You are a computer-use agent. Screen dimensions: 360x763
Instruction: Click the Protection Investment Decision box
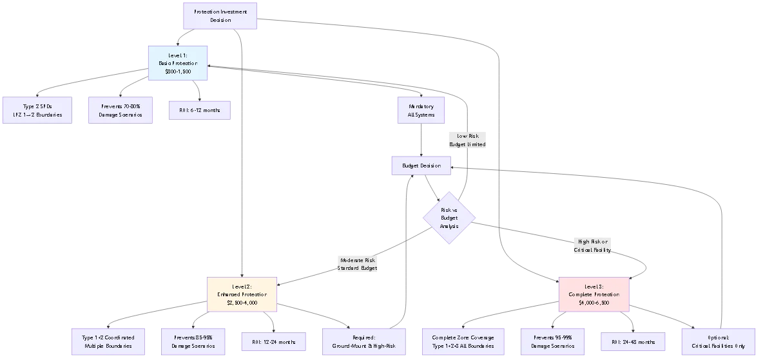pos(220,16)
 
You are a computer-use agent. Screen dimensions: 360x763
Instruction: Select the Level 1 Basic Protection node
pos(178,63)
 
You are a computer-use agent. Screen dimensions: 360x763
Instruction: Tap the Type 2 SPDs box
pos(36,110)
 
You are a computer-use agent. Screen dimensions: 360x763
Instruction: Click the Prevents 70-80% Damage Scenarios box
pos(121,110)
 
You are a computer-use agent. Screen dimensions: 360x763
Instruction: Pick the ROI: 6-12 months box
pos(199,110)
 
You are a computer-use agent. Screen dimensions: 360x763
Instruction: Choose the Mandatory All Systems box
pos(421,110)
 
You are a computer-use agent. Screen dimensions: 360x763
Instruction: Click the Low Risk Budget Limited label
pos(468,140)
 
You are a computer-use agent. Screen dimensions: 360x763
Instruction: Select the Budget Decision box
pos(421,166)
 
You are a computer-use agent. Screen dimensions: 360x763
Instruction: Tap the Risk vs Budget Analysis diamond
pos(449,218)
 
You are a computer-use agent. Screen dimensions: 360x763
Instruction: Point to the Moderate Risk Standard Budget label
pos(358,264)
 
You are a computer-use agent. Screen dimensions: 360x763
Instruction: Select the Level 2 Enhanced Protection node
pos(242,294)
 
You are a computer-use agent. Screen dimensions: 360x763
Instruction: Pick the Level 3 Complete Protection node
pos(594,294)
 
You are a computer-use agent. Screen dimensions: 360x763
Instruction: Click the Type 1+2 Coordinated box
pos(108,341)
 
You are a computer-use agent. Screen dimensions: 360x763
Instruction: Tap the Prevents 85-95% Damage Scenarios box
pos(194,341)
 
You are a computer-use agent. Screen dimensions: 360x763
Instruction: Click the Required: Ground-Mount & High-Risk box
pos(363,341)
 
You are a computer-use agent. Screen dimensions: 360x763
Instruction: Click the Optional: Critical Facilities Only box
pos(719,341)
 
